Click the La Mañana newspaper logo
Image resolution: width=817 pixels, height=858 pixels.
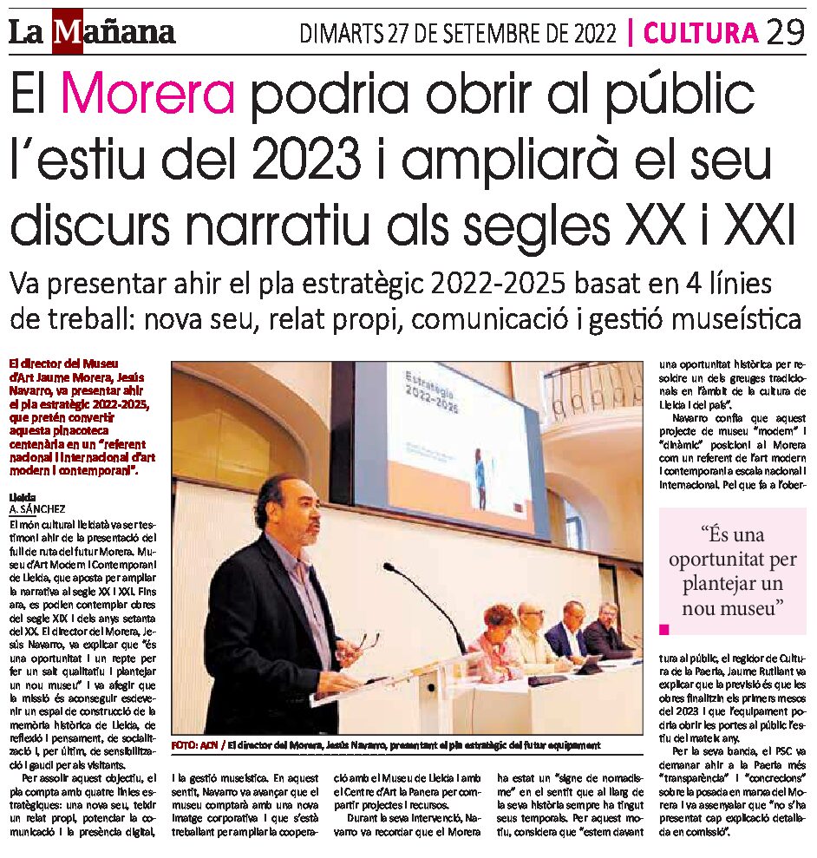[92, 33]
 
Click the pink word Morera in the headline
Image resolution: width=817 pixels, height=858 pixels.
[148, 96]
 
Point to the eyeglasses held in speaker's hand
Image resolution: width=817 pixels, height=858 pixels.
[368, 643]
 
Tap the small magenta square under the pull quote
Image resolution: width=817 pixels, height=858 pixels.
[665, 628]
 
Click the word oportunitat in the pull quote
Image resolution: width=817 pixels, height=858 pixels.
[732, 560]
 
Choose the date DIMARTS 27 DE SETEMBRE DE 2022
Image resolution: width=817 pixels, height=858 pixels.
[459, 34]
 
